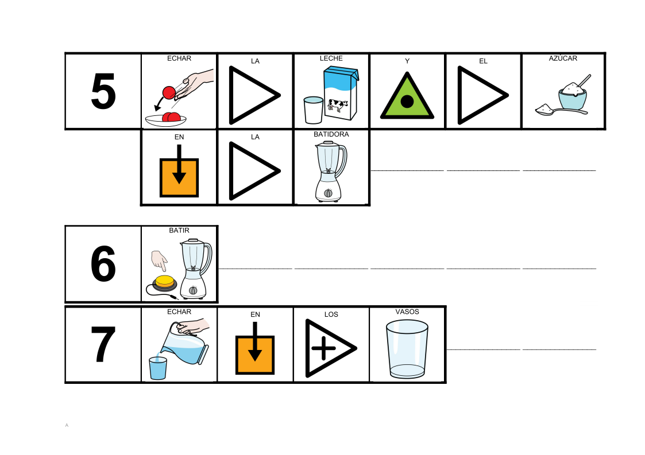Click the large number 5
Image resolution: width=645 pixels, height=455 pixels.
pyautogui.click(x=103, y=92)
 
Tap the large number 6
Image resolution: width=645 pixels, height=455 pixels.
pyautogui.click(x=103, y=264)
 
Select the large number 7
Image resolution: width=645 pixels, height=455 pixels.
pyautogui.click(x=103, y=345)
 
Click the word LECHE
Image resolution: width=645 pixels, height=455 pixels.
pyautogui.click(x=331, y=59)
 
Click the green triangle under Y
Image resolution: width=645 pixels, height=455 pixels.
pyautogui.click(x=407, y=98)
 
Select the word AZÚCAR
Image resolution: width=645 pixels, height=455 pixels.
pyautogui.click(x=563, y=59)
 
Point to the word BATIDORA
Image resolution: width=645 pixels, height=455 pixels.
pyautogui.click(x=331, y=134)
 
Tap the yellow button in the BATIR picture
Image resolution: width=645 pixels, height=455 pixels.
pyautogui.click(x=164, y=281)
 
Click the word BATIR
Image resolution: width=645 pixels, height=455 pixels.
pyautogui.click(x=179, y=231)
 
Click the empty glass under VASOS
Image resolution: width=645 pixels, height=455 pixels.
pyautogui.click(x=407, y=349)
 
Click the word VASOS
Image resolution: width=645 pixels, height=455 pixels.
pyautogui.click(x=407, y=312)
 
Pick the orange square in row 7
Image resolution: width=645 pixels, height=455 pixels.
pyautogui.click(x=255, y=355)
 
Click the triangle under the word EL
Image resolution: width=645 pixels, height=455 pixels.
pyautogui.click(x=480, y=95)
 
